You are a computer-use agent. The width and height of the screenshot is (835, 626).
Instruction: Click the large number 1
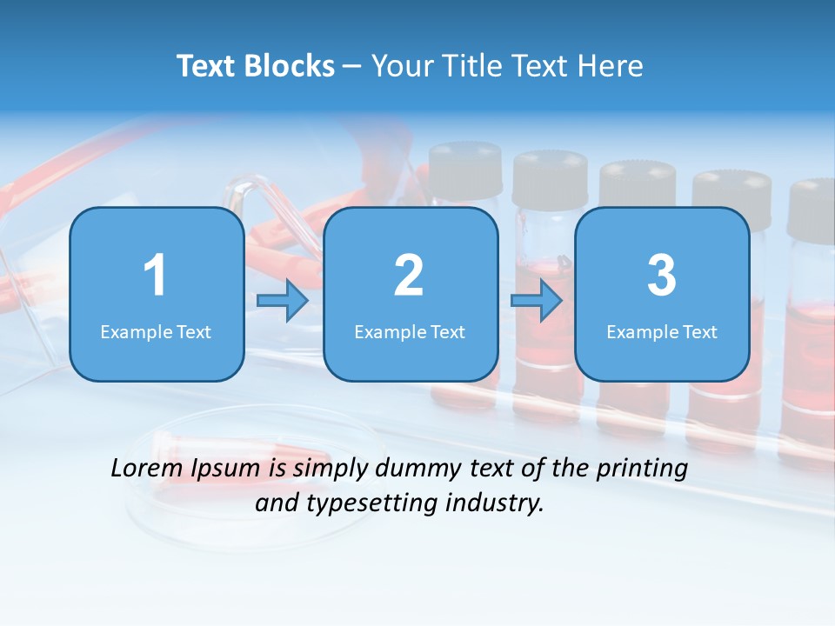click(155, 276)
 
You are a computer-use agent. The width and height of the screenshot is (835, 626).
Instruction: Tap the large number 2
click(409, 276)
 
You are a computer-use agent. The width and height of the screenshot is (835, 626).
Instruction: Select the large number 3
click(662, 276)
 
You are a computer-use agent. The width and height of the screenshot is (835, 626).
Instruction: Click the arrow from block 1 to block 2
click(283, 302)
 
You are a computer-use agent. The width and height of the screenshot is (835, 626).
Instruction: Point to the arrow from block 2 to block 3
click(537, 302)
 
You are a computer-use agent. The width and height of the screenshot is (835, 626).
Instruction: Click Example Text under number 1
click(156, 331)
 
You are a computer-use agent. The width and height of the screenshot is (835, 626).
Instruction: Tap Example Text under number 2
click(410, 331)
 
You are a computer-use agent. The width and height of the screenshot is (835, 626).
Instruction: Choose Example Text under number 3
click(662, 331)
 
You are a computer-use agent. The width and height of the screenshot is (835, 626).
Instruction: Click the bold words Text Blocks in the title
click(255, 66)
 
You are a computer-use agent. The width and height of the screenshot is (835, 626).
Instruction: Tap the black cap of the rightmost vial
click(812, 209)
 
